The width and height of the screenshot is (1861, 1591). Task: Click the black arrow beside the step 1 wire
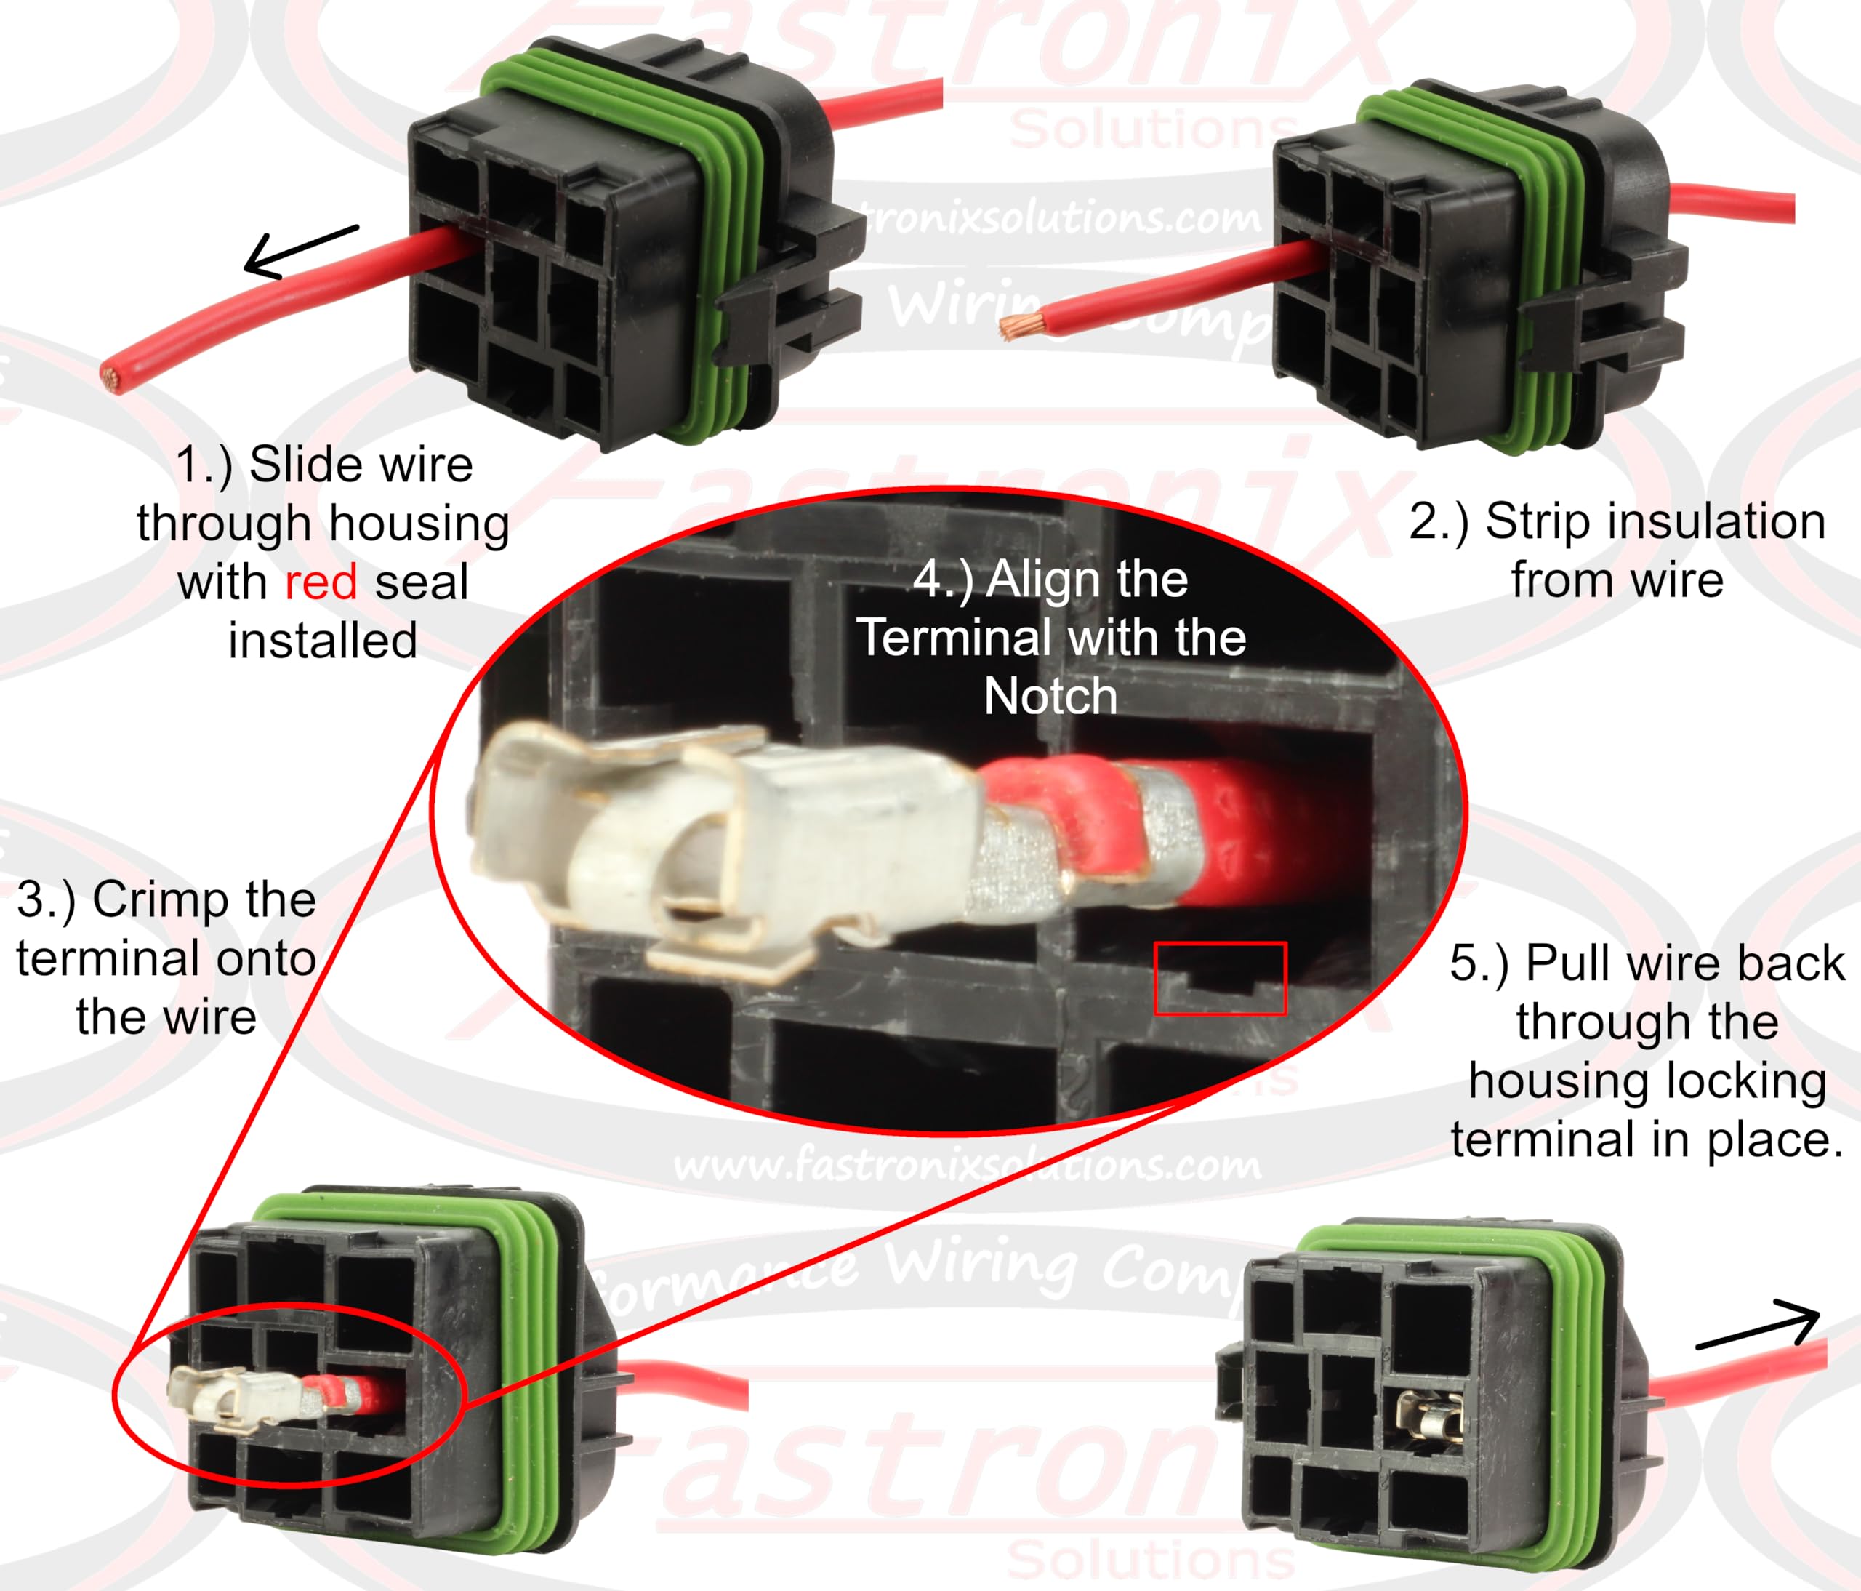300,251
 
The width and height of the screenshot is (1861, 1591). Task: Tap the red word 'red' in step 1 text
321,582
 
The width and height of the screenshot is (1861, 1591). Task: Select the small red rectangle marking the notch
1220,979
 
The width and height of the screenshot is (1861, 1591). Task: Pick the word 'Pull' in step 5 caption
1571,963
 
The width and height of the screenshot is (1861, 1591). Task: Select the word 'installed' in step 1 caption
323,641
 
